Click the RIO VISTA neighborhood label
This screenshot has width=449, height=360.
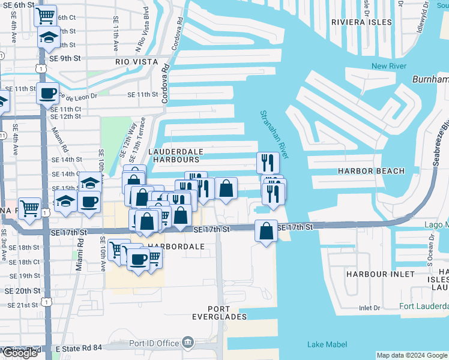pos(137,62)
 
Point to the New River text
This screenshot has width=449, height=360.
pos(388,66)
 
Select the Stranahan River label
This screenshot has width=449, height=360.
pos(274,134)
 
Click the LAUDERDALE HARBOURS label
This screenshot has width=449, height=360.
pos(175,156)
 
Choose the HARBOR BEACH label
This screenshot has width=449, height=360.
pos(371,171)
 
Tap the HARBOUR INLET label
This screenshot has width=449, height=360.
pos(380,274)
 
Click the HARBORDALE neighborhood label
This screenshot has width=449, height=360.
pos(176,247)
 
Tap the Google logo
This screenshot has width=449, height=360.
pos(19,353)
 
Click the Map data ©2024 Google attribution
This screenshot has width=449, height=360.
pos(412,355)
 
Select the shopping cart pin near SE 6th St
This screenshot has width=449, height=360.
pos(45,16)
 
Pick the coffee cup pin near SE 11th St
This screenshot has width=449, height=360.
pos(47,94)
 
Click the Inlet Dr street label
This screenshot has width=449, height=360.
pos(369,308)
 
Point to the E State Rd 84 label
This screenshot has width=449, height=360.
pos(80,349)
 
